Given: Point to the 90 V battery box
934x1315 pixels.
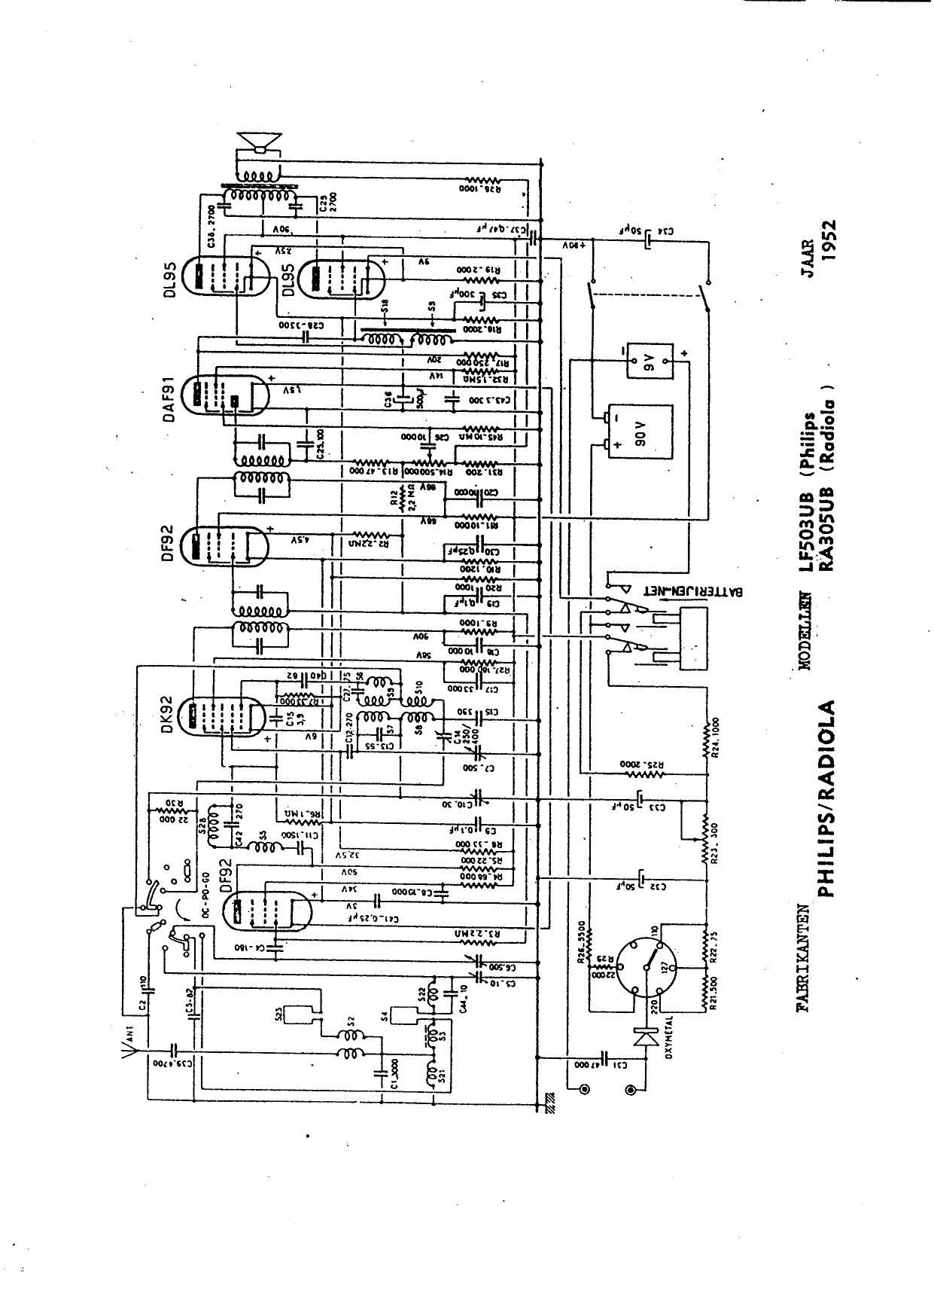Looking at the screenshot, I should pyautogui.click(x=640, y=440).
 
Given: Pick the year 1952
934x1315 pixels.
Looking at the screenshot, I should pyautogui.click(x=829, y=240).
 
